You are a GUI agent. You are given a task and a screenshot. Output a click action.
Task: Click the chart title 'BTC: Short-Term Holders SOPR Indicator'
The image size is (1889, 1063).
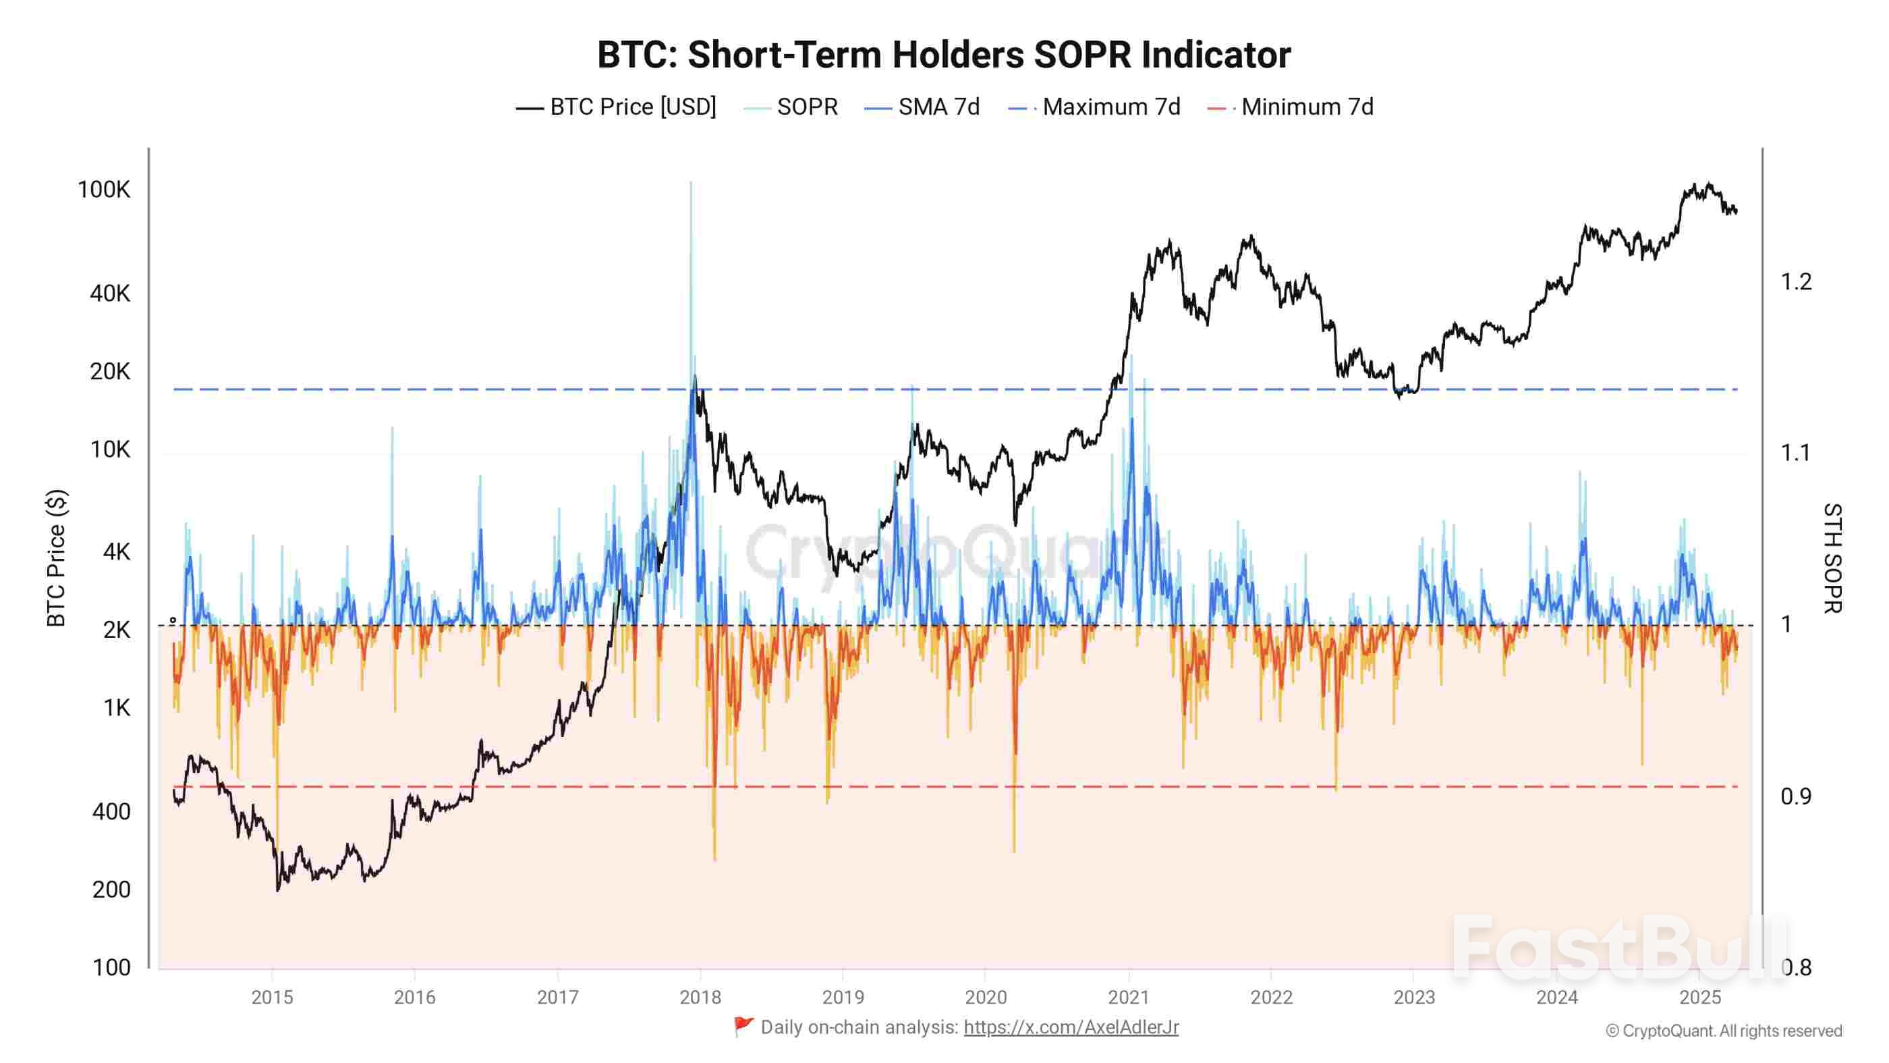[944, 55]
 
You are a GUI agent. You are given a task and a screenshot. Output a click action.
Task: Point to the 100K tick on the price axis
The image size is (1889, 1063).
[103, 190]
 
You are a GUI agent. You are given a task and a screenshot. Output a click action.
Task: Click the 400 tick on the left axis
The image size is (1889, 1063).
[111, 811]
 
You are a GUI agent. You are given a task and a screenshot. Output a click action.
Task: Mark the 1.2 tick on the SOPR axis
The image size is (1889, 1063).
[1795, 281]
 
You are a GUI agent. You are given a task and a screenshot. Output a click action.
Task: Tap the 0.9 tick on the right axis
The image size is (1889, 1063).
[1795, 796]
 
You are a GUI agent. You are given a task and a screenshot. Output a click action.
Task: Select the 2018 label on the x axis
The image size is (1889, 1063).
[700, 997]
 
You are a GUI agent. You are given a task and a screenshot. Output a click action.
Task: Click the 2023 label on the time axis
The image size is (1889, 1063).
[1413, 997]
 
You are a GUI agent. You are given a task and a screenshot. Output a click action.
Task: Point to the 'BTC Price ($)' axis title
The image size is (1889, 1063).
[57, 557]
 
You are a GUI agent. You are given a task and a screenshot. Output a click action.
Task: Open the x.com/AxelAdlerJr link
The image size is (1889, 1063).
[1071, 1027]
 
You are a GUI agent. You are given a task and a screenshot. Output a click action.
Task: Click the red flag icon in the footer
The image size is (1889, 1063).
[743, 1027]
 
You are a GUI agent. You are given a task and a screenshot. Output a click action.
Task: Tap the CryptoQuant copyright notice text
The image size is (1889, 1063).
[1723, 1031]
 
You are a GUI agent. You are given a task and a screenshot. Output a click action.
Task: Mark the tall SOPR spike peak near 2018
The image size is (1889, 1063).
[691, 184]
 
